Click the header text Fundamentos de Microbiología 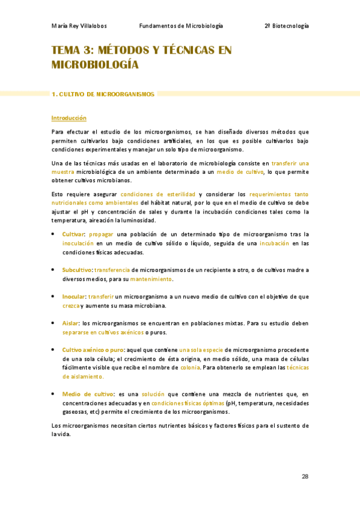pyautogui.click(x=181, y=26)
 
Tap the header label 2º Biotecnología pyautogui.click(x=287, y=26)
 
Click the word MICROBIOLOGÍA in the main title pyautogui.click(x=95, y=64)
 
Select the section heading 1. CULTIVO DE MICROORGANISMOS pyautogui.click(x=103, y=94)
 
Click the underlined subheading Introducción pyautogui.click(x=69, y=118)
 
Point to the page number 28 pyautogui.click(x=305, y=476)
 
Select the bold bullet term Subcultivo pyautogui.click(x=76, y=270)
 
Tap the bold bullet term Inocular pyautogui.click(x=74, y=296)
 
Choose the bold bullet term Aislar pyautogui.click(x=70, y=324)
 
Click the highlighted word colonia pyautogui.click(x=190, y=367)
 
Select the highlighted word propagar pyautogui.click(x=102, y=234)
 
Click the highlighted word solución pyautogui.click(x=153, y=394)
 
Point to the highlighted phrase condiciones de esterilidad pyautogui.click(x=157, y=194)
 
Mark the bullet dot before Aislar pyautogui.click(x=53, y=323)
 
